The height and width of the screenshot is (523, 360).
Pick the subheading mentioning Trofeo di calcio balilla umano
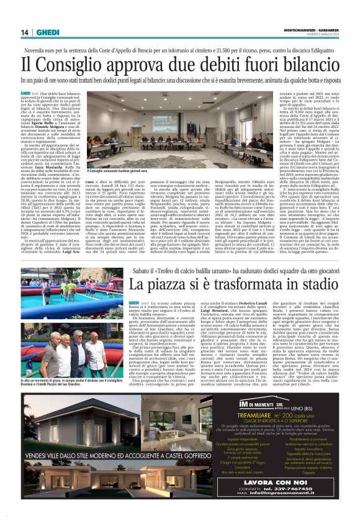tap(217, 270)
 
